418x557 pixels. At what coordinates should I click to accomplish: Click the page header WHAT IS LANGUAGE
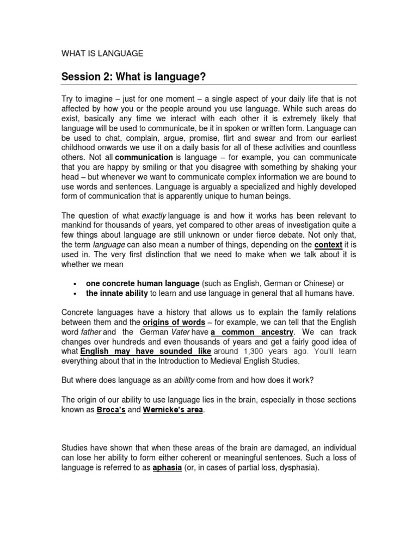pyautogui.click(x=102, y=53)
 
